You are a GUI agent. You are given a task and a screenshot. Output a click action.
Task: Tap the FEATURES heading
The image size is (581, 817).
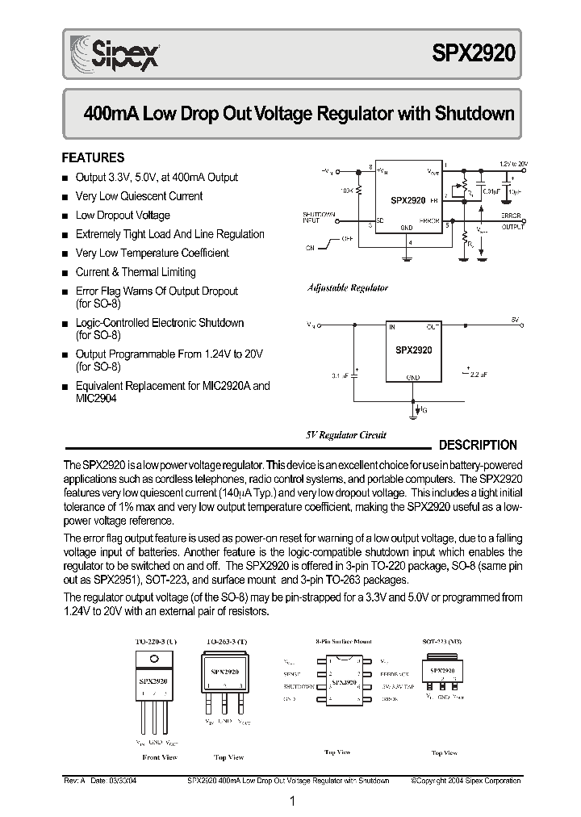94,157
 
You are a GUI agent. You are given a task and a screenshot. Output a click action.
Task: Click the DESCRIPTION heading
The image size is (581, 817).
477,445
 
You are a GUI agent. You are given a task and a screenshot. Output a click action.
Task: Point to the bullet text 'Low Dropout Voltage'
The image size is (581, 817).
123,215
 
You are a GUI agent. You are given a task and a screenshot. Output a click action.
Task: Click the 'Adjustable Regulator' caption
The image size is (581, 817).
347,287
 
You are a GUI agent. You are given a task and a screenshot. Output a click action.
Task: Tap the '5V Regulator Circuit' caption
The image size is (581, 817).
345,434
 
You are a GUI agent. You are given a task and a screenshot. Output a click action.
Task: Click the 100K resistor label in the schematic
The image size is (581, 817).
345,191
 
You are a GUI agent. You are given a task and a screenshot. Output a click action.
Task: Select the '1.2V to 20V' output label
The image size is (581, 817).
512,164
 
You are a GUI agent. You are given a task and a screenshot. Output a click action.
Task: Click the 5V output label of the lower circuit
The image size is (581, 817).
513,321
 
